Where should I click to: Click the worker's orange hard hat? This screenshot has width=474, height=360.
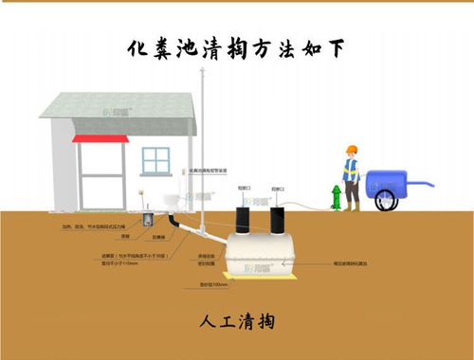point(351,150)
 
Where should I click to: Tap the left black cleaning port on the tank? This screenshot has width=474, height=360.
point(243,219)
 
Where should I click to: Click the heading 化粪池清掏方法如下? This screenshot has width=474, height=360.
point(236,48)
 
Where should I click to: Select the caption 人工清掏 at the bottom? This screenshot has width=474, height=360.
point(237,321)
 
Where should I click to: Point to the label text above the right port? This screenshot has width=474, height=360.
point(277,189)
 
